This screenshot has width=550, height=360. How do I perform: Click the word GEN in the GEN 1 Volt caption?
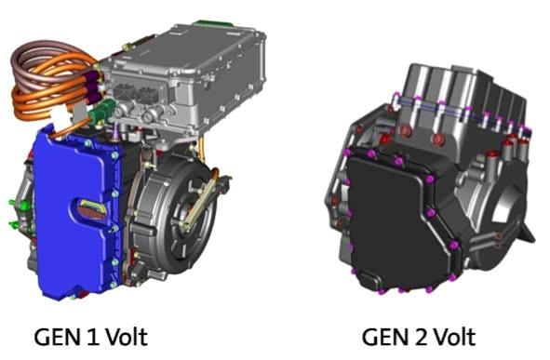point(57,338)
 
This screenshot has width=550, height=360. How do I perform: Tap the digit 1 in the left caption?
point(91,338)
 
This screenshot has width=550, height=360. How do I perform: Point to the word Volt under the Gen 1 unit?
point(127,337)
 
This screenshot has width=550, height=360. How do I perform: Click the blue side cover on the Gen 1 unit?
point(78,214)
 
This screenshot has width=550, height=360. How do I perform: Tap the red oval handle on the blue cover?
point(92,209)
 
